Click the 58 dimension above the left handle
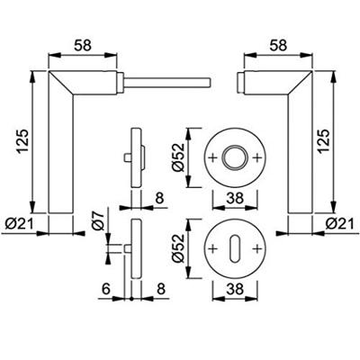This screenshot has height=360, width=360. tap(83, 46)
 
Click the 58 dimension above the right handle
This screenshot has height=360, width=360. tap(278, 46)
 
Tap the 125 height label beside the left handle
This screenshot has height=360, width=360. tap(22, 141)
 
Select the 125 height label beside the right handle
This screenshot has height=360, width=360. tap(324, 141)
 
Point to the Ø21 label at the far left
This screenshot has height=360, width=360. tap(20, 224)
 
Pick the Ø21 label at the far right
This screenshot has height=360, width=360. tap(340, 224)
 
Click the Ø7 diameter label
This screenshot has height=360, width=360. tap(98, 221)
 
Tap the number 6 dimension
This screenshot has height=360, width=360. tap(106, 289)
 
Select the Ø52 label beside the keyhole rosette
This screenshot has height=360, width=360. tap(178, 248)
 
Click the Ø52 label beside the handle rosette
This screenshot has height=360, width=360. tap(178, 157)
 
